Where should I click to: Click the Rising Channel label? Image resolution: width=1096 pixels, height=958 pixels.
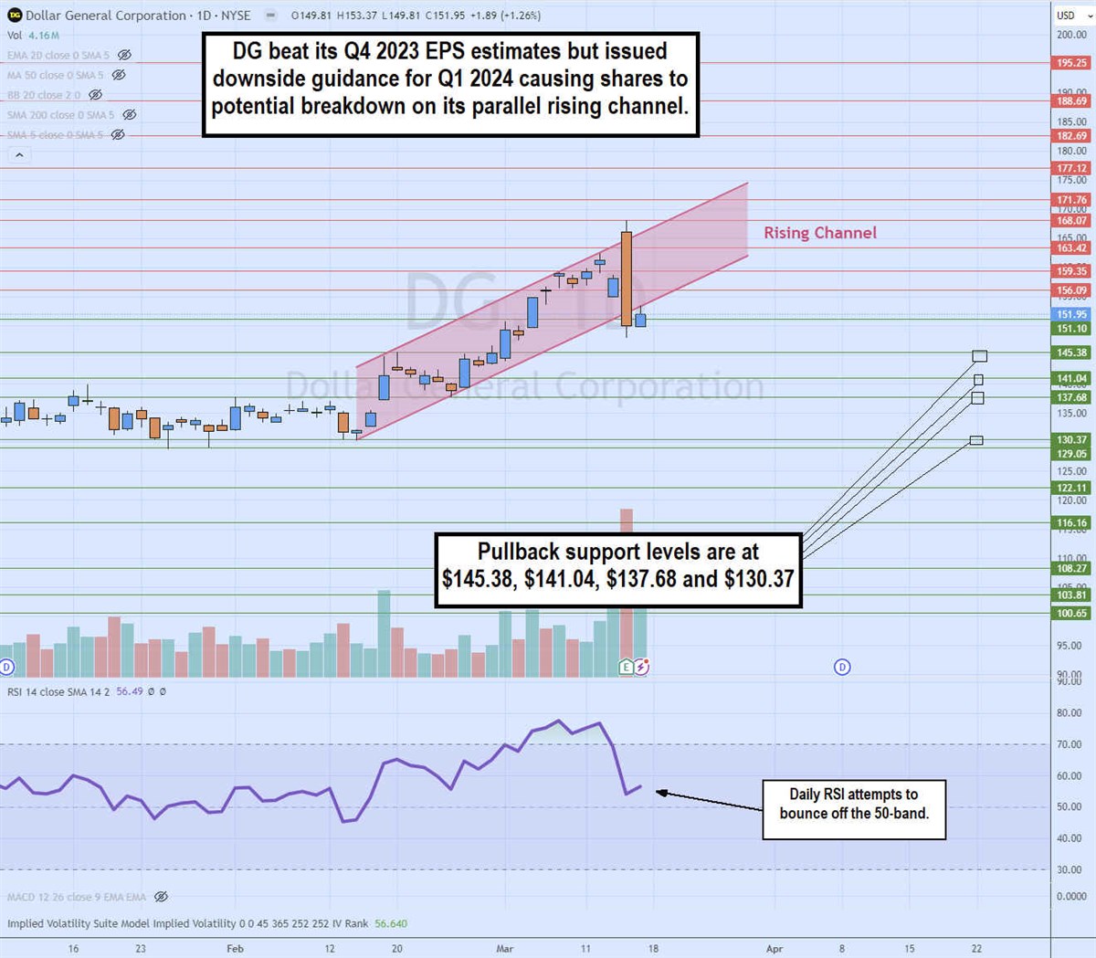tap(819, 233)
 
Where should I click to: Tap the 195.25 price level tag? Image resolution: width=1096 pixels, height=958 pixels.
tap(1072, 63)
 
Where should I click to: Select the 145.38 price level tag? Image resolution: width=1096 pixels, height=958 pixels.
tap(1072, 353)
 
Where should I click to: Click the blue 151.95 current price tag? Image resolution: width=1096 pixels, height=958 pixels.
tap(1072, 314)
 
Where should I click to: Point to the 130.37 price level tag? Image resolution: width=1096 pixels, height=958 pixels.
tap(1072, 439)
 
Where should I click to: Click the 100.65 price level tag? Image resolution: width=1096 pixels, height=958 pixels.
tap(1072, 613)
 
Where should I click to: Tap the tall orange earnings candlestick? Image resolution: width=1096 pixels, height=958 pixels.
tap(627, 279)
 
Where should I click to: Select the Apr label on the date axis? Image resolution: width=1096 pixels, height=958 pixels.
tap(775, 949)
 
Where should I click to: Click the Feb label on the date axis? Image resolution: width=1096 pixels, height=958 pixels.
tap(235, 949)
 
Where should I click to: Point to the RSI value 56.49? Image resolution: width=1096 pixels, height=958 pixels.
tap(130, 692)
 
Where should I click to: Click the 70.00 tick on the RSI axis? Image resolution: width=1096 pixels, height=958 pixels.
tap(1069, 744)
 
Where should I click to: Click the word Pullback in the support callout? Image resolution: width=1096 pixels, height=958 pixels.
tap(518, 552)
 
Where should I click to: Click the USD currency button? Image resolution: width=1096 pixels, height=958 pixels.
tap(1066, 16)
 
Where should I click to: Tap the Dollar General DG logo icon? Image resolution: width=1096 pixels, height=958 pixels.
tap(15, 16)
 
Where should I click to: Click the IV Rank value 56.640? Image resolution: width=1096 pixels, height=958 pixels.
tap(391, 923)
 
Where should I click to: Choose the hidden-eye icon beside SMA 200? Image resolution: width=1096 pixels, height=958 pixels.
tap(130, 115)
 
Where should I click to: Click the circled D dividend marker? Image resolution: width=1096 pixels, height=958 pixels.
tap(842, 667)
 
